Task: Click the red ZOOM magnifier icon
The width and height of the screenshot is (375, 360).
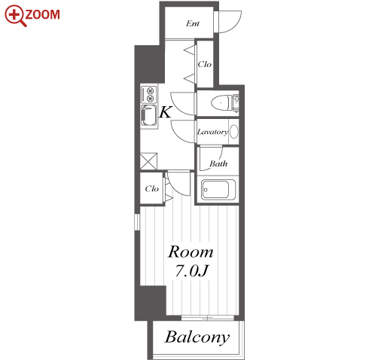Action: [x=15, y=16]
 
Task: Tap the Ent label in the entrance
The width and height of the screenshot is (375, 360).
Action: [x=193, y=23]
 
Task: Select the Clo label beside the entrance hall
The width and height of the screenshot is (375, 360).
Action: [x=204, y=64]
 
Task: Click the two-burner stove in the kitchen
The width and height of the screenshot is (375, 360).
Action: [x=149, y=94]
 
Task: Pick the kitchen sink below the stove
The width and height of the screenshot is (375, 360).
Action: [x=149, y=115]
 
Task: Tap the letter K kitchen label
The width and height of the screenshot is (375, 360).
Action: [x=166, y=112]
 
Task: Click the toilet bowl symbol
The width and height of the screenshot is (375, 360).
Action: [x=221, y=102]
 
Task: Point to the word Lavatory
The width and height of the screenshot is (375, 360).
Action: [x=212, y=132]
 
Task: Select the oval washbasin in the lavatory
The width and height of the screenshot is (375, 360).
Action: [x=233, y=131]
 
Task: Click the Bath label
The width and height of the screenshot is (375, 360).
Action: [x=218, y=163]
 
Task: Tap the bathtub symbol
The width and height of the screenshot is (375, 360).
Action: [x=218, y=190]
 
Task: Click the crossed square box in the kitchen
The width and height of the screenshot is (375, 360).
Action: [x=148, y=161]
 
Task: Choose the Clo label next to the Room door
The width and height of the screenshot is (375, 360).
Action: [x=151, y=188]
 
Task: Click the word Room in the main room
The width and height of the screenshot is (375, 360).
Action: [x=191, y=252]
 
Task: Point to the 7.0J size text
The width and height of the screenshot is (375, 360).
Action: [x=191, y=271]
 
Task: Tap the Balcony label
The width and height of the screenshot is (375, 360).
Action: [x=197, y=337]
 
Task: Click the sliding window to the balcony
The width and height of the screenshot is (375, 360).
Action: [x=208, y=318]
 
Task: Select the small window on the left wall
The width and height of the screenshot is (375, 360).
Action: [x=137, y=222]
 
